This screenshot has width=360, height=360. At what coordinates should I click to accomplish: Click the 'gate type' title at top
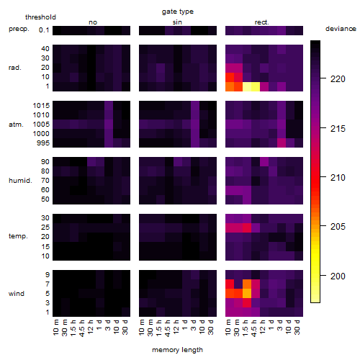tap(178, 12)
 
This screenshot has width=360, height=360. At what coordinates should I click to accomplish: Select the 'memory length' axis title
tap(177, 350)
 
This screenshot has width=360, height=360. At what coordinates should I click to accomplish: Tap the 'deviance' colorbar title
tap(341, 29)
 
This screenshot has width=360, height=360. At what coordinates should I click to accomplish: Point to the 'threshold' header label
tap(40, 17)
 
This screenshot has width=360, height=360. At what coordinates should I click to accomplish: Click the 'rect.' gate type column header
tap(262, 22)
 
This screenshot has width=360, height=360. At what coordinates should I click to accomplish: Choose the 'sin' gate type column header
tap(177, 22)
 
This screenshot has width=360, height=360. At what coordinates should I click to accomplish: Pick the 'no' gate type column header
tap(93, 22)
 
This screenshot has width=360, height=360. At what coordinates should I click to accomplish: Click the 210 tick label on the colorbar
tap(338, 178)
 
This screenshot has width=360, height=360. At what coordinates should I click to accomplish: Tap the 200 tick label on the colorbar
tap(338, 276)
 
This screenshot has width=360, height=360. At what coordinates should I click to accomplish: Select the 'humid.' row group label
tap(20, 181)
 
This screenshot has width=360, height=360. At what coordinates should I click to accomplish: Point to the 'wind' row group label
tap(17, 294)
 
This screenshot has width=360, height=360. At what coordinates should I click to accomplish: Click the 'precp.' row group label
tap(19, 29)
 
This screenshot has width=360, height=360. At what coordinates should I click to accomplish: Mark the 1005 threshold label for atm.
tap(41, 125)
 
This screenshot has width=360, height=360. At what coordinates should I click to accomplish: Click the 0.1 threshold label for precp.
tap(44, 30)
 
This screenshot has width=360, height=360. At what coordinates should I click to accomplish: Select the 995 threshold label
tap(43, 143)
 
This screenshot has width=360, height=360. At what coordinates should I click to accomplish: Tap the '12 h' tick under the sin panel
tap(176, 327)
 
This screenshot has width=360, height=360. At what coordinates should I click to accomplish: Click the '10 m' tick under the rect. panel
tap(228, 328)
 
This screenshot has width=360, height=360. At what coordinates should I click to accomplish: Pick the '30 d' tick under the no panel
tap(125, 328)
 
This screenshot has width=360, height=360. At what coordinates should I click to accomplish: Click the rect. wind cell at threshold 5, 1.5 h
tap(247, 294)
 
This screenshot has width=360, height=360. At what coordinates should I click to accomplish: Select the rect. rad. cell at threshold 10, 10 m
tap(230, 77)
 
